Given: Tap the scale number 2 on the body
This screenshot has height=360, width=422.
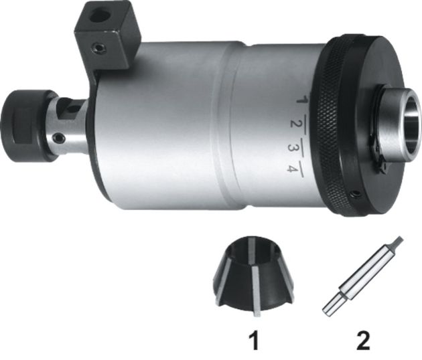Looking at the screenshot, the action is (x=295, y=124).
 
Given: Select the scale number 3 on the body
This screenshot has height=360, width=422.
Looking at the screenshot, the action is (x=293, y=147).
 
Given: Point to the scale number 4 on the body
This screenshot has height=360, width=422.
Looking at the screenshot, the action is (x=292, y=169).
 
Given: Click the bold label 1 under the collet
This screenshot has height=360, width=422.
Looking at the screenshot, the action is (x=255, y=341).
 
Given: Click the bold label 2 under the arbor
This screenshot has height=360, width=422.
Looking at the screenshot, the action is (x=363, y=341).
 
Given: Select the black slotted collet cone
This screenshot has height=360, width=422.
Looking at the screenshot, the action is (x=253, y=276).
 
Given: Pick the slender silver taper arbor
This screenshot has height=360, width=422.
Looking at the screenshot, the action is (x=362, y=276).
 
